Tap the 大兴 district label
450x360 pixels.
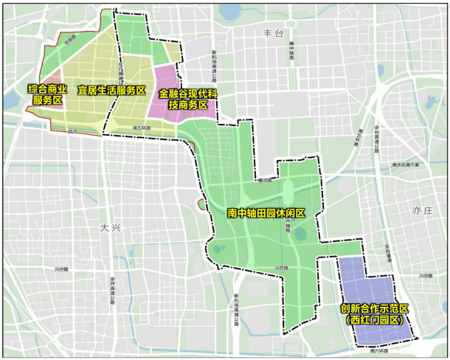[x=109, y=229]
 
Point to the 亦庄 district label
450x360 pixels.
[x=421, y=210]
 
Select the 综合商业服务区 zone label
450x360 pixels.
[x=48, y=94]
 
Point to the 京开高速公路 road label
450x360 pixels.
[x=113, y=286]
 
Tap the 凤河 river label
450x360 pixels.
[x=72, y=131]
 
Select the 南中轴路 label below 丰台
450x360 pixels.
[x=292, y=55]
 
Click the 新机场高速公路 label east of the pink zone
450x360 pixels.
[x=213, y=66]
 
